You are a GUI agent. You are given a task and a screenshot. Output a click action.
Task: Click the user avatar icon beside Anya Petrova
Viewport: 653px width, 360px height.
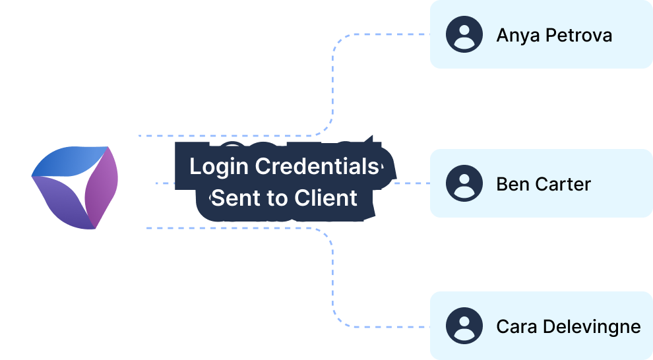point(464,34)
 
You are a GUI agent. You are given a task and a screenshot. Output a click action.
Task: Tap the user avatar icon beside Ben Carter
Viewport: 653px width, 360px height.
point(464,183)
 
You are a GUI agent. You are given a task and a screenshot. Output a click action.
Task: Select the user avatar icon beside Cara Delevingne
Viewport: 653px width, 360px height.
point(464,326)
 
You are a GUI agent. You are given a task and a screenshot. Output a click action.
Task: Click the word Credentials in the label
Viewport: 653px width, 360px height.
point(317,167)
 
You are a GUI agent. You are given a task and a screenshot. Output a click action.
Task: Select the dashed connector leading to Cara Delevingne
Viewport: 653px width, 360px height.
point(333,284)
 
